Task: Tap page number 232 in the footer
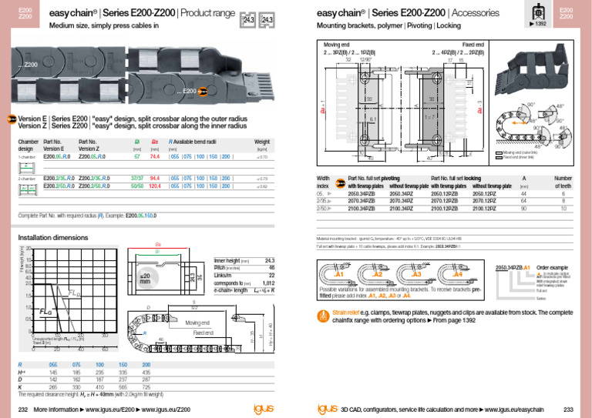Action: point(23,409)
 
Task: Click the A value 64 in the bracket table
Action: point(524,200)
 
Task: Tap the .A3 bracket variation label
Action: point(415,274)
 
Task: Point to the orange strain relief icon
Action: point(325,314)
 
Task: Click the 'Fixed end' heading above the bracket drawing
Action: point(473,46)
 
